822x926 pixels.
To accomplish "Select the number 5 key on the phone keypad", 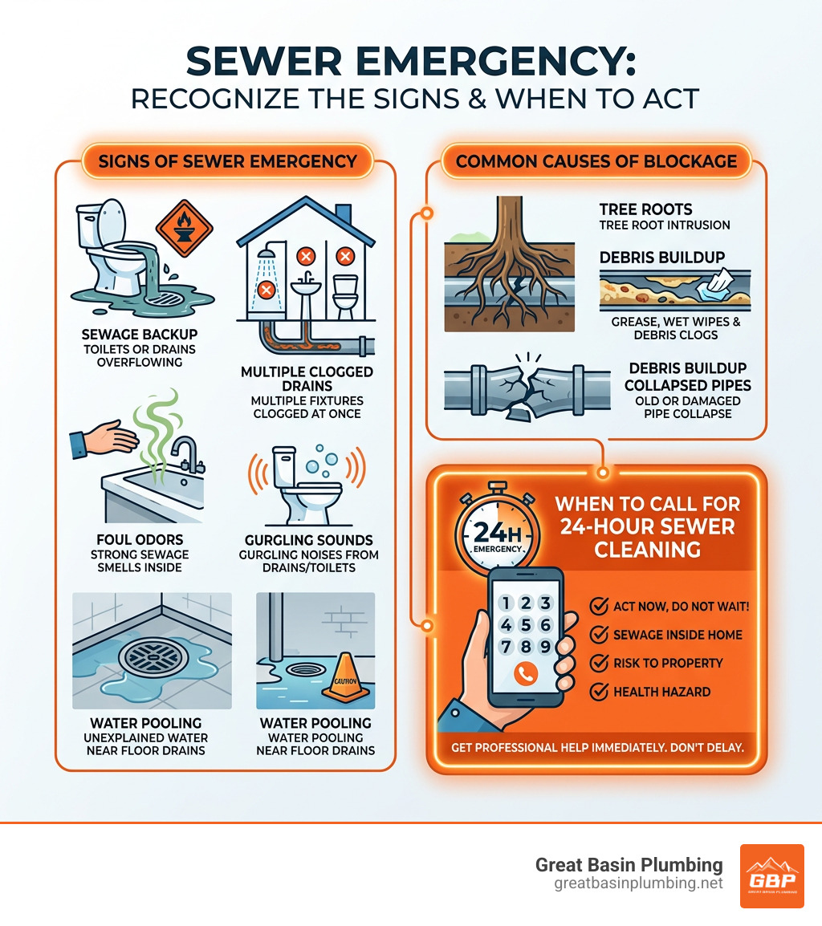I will coord(524,624).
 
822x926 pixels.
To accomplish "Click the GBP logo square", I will coord(771,875).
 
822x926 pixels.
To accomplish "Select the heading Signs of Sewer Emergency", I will coord(228,161).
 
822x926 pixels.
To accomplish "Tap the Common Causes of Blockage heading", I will coord(596,161).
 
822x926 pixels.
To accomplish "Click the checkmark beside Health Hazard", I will coord(599,692).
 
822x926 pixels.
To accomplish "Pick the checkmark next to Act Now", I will coord(599,606).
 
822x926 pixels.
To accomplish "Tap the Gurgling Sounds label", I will coord(309,539).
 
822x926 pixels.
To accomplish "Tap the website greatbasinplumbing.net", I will coord(638,883).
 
